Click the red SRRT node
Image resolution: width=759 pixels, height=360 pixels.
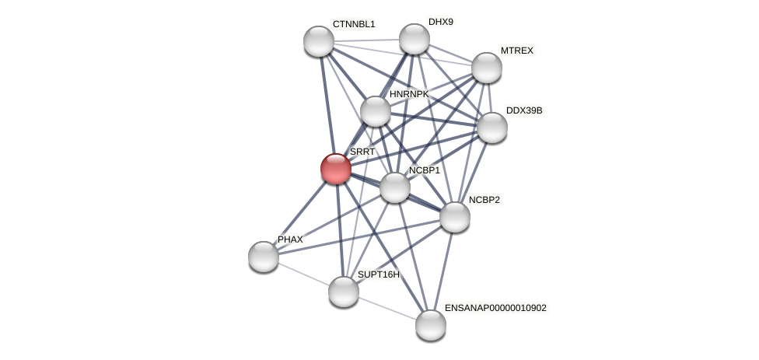pos(336,169)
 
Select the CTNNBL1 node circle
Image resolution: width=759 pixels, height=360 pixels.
pos(319,41)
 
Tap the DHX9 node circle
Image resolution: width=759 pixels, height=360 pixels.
pos(414,39)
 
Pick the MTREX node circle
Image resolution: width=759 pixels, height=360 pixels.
pos(487,68)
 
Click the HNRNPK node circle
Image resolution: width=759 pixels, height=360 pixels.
pos(376,111)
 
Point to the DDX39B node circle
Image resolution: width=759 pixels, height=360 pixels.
pos(492,128)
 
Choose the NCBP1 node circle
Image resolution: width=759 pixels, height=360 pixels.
pos(395,187)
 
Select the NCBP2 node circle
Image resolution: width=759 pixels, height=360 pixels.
pos(455,217)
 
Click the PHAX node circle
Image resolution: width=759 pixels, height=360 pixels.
pos(264,257)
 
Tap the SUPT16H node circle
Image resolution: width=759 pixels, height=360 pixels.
pos(344,292)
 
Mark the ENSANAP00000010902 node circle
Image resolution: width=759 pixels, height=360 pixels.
pos(431,325)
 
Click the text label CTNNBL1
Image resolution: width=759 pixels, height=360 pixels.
pos(354,24)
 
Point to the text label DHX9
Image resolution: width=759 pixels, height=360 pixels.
pos(441,22)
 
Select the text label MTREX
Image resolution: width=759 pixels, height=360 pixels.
pos(517,51)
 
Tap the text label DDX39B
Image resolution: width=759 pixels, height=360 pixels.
pos(524,110)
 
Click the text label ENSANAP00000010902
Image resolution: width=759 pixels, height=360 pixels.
pos(495,308)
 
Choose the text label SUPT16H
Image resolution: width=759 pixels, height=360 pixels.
pos(379,274)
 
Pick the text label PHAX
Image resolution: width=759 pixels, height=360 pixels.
pos(290,239)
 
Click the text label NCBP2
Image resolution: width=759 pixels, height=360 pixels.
pos(484,200)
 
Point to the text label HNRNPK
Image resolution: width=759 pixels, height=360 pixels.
pos(409,94)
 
